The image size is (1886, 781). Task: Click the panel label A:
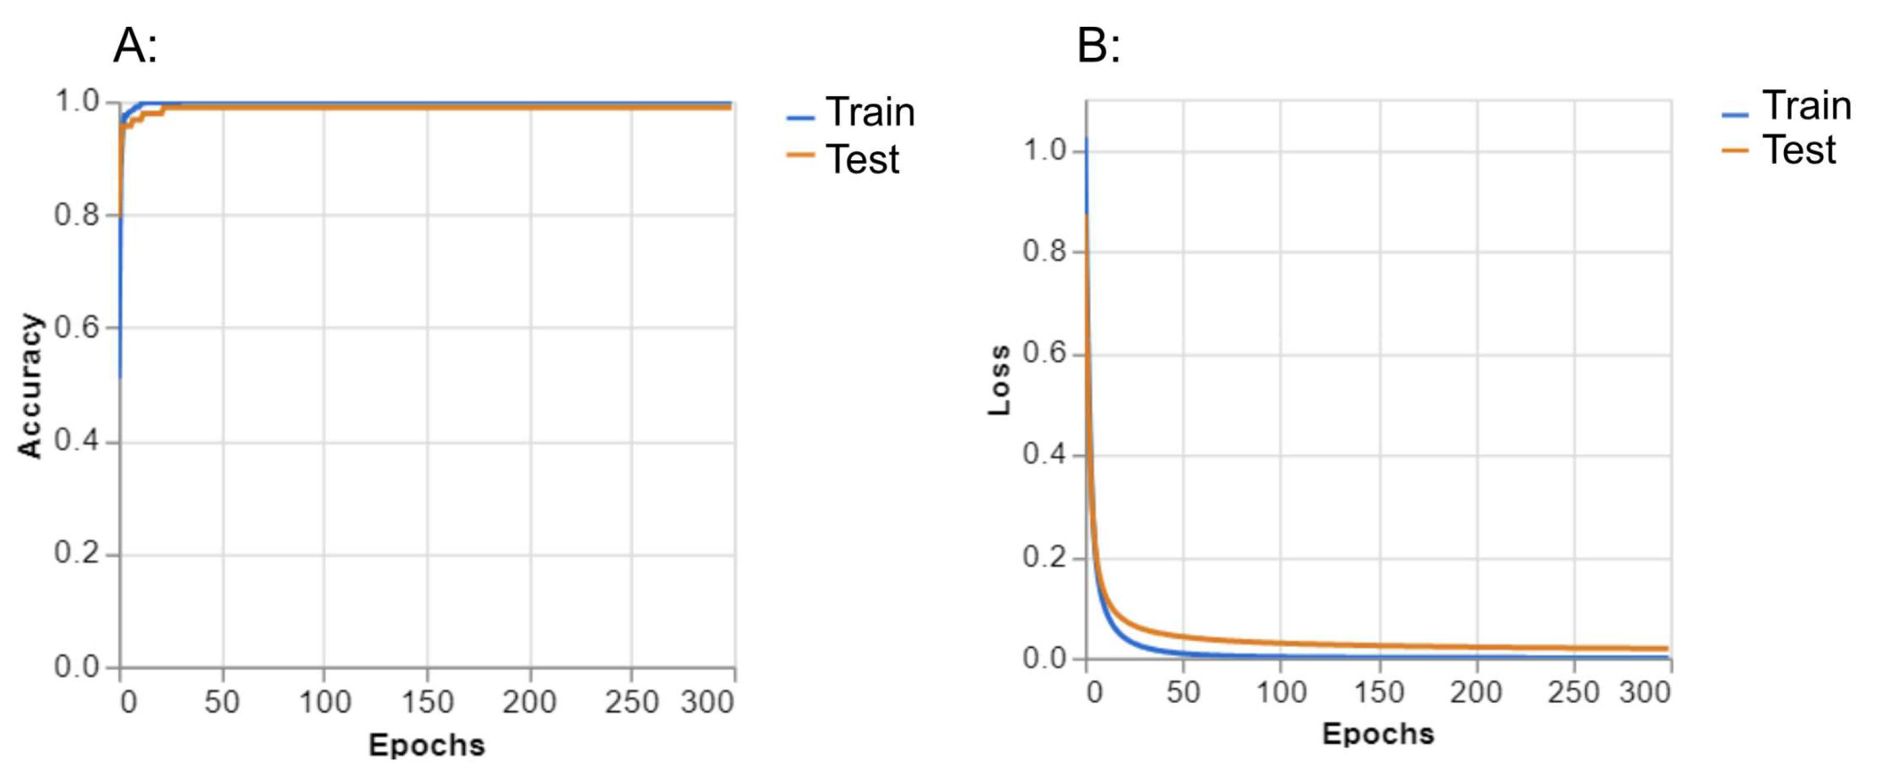click(135, 45)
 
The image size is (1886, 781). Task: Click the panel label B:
click(1098, 45)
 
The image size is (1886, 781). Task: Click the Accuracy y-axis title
click(30, 386)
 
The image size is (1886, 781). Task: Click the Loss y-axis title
click(999, 380)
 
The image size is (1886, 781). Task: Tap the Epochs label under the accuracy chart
click(427, 745)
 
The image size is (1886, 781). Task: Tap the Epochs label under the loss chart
click(1378, 733)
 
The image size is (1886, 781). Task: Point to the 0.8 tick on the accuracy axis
click(77, 215)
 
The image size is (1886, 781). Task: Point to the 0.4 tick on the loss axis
click(1044, 454)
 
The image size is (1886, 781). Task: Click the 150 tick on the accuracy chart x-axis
click(428, 702)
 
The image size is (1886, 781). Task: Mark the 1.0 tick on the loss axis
click(1044, 150)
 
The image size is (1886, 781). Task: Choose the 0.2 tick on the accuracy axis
click(77, 553)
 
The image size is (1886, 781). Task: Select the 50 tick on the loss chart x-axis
click(1183, 692)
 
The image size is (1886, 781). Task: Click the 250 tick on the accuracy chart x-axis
click(631, 702)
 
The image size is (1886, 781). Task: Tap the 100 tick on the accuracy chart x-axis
click(325, 702)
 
